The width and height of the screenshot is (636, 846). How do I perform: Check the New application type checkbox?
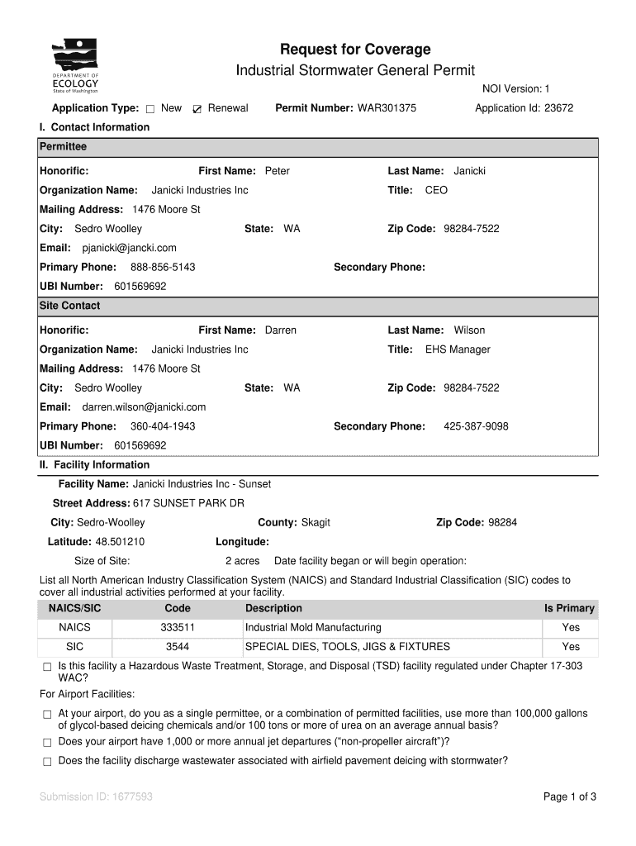(150, 109)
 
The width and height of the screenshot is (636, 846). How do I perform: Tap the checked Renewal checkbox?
(197, 109)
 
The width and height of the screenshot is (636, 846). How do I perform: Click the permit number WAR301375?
(387, 108)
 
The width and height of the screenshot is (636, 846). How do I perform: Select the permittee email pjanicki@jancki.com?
(129, 248)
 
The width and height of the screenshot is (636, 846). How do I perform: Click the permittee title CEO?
(436, 190)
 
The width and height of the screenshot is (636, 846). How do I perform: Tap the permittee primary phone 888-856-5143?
(163, 267)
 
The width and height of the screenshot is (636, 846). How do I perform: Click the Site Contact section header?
(70, 306)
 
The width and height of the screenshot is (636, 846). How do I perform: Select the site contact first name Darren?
(280, 330)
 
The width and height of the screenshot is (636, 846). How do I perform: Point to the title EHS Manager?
(458, 349)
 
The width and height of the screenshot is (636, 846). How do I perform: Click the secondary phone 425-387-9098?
(476, 426)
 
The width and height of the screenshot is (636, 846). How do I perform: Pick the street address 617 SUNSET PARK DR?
(188, 503)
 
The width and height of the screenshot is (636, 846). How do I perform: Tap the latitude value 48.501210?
(120, 542)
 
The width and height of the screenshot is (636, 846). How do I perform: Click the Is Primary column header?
(568, 609)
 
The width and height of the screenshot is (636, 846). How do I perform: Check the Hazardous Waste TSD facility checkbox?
(47, 667)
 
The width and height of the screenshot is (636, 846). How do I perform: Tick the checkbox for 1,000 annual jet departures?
(47, 742)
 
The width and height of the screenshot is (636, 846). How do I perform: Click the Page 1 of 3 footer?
(569, 797)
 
